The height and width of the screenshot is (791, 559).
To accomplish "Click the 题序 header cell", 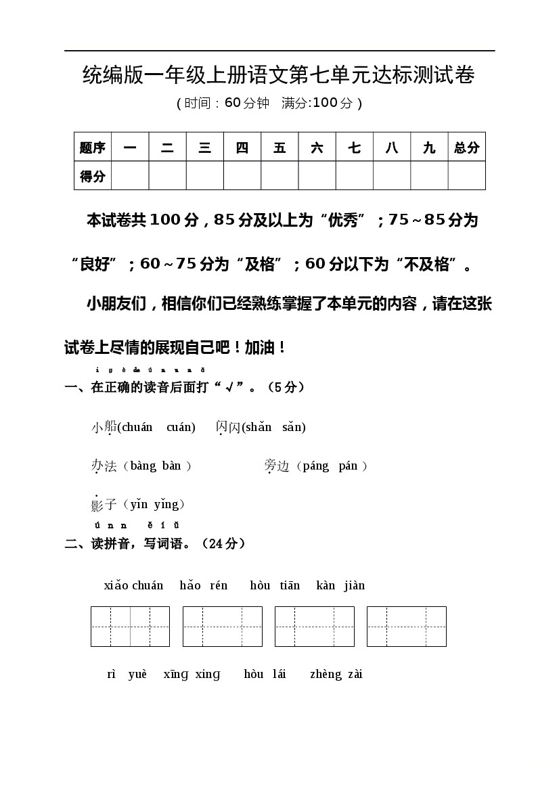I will point(93,148).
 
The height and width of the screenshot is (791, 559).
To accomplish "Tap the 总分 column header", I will point(466,148).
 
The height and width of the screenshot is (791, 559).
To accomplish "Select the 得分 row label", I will point(93,176).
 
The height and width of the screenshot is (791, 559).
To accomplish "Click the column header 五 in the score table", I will point(279,148).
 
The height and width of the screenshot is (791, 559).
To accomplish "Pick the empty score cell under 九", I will point(429,176).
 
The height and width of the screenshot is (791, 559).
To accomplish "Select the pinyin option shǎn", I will point(257,427).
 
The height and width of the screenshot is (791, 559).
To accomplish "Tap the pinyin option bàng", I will point(143,466).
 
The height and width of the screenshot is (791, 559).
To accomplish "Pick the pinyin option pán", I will point(348,466).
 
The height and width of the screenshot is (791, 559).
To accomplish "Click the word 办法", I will point(104,466).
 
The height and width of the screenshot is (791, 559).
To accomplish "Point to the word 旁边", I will point(277,466).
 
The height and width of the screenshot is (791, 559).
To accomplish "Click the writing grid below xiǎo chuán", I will point(130,627).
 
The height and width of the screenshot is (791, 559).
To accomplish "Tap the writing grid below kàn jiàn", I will point(406,627).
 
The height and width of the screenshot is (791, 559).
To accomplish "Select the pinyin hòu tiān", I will point(275,585).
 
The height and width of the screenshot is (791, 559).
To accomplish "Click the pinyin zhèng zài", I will point(336,674).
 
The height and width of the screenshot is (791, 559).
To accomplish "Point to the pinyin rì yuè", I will point(127,674).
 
